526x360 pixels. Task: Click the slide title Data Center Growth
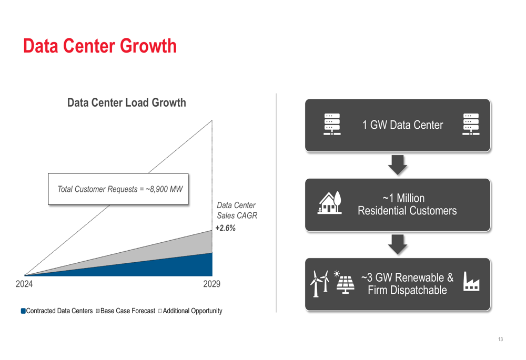[99, 46]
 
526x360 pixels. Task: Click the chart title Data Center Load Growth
[126, 102]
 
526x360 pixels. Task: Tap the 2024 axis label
[24, 284]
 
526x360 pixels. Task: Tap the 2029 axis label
[211, 284]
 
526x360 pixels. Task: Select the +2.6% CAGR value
[226, 228]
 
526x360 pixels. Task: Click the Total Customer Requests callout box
[118, 189]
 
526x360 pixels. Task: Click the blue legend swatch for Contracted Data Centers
[23, 311]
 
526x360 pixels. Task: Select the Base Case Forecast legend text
[128, 311]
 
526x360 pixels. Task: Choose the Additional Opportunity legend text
[193, 311]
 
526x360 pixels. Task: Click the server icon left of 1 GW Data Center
[332, 125]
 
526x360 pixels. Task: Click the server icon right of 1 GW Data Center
[471, 125]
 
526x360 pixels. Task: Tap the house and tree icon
[330, 202]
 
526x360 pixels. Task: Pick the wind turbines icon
[319, 284]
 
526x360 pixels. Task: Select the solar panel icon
[344, 282]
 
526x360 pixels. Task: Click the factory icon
[471, 281]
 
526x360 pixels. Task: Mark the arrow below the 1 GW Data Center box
[398, 165]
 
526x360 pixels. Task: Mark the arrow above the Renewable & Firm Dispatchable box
[398, 244]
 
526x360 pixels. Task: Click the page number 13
[501, 339]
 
